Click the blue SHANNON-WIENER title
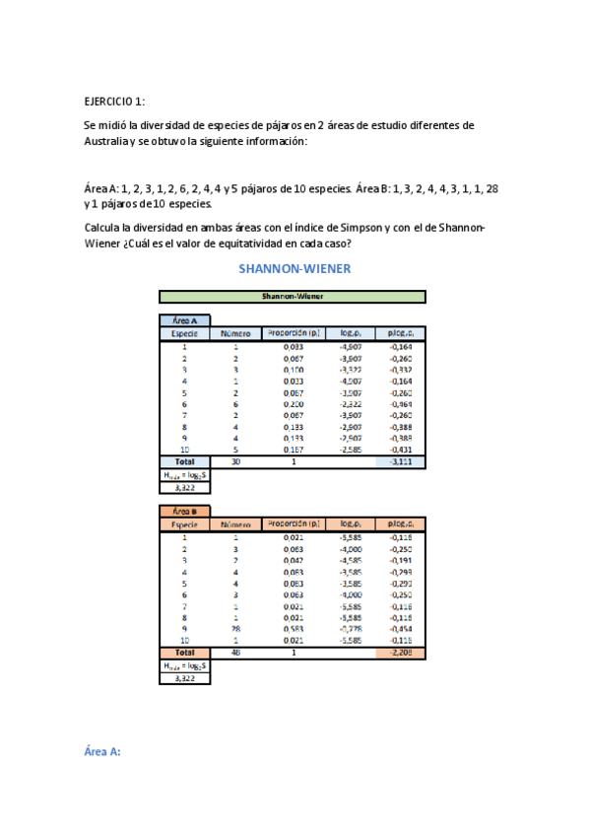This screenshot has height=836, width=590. [x=295, y=267]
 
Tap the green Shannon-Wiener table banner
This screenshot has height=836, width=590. [x=293, y=296]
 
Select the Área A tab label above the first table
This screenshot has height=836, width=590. [x=184, y=320]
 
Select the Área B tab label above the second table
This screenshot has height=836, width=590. [x=184, y=511]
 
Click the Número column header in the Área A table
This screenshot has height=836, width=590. [x=235, y=333]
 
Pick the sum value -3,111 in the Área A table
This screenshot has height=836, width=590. [x=401, y=460]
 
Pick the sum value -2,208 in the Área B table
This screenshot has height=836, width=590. [x=401, y=652]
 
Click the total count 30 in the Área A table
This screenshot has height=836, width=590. [x=235, y=460]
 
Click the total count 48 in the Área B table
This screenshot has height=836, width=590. [x=235, y=652]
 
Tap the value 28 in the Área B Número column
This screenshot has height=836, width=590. [x=235, y=628]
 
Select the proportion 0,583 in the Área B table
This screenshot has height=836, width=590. [x=294, y=628]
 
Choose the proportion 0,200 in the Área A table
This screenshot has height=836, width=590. [x=294, y=403]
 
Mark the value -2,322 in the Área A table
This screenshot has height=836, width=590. [x=350, y=403]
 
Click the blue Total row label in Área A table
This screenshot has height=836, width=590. [x=184, y=460]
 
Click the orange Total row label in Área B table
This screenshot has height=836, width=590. [x=184, y=652]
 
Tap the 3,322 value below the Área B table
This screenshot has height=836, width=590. [x=184, y=678]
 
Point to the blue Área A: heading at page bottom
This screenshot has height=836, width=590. [x=101, y=752]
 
